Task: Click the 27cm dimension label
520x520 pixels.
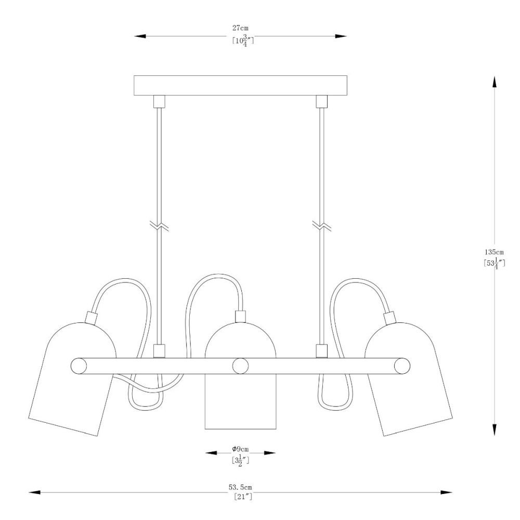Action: point(240,28)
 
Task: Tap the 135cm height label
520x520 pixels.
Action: point(494,252)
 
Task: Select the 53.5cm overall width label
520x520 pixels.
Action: point(240,487)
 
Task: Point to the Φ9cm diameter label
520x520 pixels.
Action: point(240,449)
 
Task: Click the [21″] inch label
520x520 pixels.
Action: point(243,497)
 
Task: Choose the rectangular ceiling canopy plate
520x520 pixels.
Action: point(240,86)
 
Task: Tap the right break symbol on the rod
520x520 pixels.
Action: point(322,226)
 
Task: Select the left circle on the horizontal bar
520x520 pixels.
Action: point(79,366)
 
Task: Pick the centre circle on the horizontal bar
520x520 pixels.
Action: point(240,366)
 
